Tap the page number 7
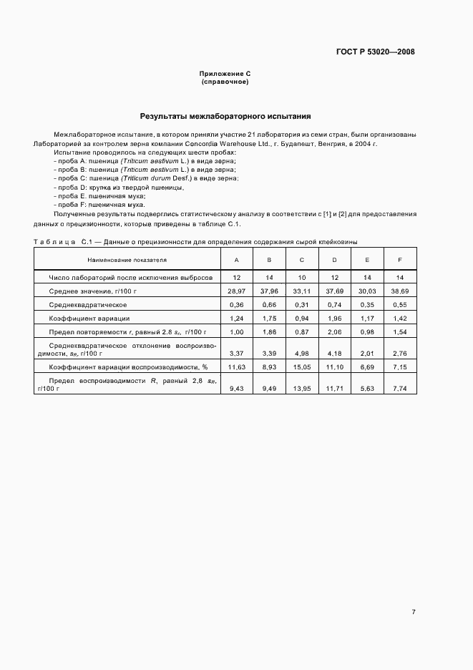pos(413,612)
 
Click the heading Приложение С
pos(225,74)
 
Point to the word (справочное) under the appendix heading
pos(225,82)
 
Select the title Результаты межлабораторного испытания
pos(225,116)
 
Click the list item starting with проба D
pos(119,187)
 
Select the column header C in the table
pos(301,260)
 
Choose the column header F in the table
pos(399,260)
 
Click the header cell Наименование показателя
pos(127,260)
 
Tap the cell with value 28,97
pos(237,291)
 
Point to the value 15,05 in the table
pos(301,366)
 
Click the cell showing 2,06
pos(334,332)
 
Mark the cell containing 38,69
pos(399,291)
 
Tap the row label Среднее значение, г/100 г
pos(92,291)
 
